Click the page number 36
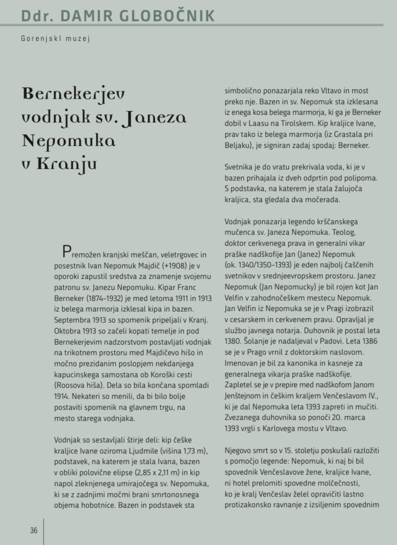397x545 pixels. pyautogui.click(x=34, y=530)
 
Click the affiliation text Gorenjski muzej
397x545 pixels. pyautogui.click(x=56, y=39)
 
